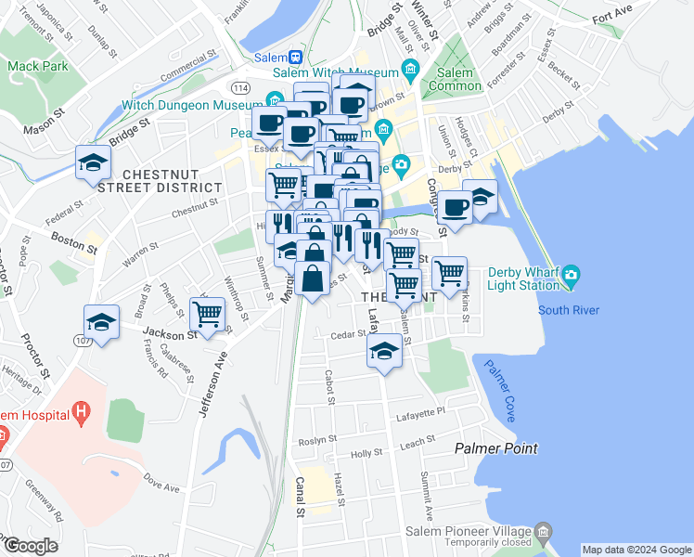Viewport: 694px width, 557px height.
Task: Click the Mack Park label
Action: pos(37,67)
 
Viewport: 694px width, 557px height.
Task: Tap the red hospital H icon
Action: pos(83,409)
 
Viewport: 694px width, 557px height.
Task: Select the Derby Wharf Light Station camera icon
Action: pos(571,274)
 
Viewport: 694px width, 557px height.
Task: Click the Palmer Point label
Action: pos(495,448)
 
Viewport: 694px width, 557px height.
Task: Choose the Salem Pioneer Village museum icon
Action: pos(544,531)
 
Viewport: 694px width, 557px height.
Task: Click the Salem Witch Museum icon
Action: pos(408,71)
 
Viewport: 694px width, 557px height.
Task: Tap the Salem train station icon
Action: pos(295,58)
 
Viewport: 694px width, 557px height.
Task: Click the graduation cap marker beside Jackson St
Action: pos(101,322)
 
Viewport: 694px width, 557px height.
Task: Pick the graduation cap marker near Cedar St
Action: pos(383,350)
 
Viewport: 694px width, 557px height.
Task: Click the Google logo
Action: pos(30,546)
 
